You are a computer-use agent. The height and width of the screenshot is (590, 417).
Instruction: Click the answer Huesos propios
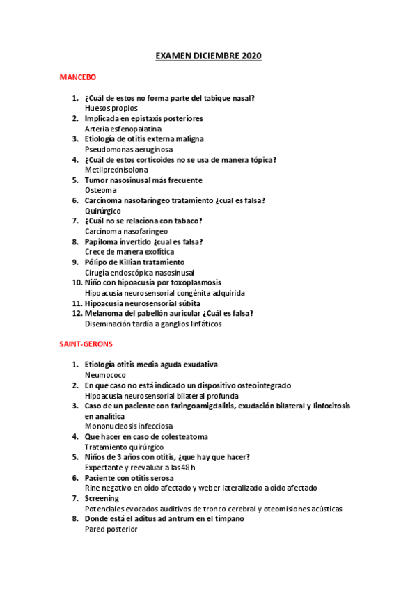tap(111, 109)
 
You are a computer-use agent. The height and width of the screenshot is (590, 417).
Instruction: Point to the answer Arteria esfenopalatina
tap(123, 129)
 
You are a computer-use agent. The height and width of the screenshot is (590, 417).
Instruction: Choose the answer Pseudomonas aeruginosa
tap(129, 149)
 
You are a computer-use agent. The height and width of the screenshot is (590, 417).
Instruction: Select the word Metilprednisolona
tap(116, 170)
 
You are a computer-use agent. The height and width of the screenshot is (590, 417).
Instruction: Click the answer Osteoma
tap(100, 190)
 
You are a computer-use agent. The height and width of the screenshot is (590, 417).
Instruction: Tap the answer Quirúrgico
tap(102, 211)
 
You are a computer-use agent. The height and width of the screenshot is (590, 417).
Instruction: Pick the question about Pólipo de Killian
tap(134, 262)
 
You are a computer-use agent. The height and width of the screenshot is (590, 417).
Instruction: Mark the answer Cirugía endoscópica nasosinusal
tap(139, 273)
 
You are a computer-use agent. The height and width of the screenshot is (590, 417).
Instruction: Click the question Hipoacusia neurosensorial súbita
tap(142, 303)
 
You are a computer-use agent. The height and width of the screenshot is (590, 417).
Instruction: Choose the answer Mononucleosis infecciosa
tap(129, 426)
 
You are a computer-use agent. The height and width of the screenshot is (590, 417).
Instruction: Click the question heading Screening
tap(102, 498)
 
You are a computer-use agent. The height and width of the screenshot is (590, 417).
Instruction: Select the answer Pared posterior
tap(111, 529)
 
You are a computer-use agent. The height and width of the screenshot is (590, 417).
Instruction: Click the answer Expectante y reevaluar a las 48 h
tap(143, 468)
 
